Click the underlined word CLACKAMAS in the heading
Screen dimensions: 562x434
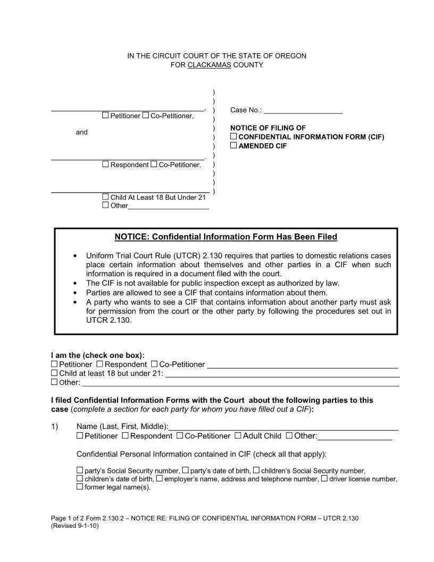pos(209,65)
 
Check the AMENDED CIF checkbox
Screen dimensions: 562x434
pos(233,145)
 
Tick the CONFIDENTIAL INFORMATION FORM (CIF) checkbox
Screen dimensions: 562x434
pos(233,137)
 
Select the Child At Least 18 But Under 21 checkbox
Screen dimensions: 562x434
pos(105,197)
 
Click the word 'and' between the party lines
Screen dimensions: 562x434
pos(81,132)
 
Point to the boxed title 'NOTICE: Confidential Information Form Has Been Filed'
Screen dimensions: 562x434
pos(226,236)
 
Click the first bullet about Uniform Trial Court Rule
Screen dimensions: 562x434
pos(238,265)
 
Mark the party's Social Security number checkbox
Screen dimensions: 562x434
pos(80,470)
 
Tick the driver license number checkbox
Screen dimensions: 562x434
pos(324,478)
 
